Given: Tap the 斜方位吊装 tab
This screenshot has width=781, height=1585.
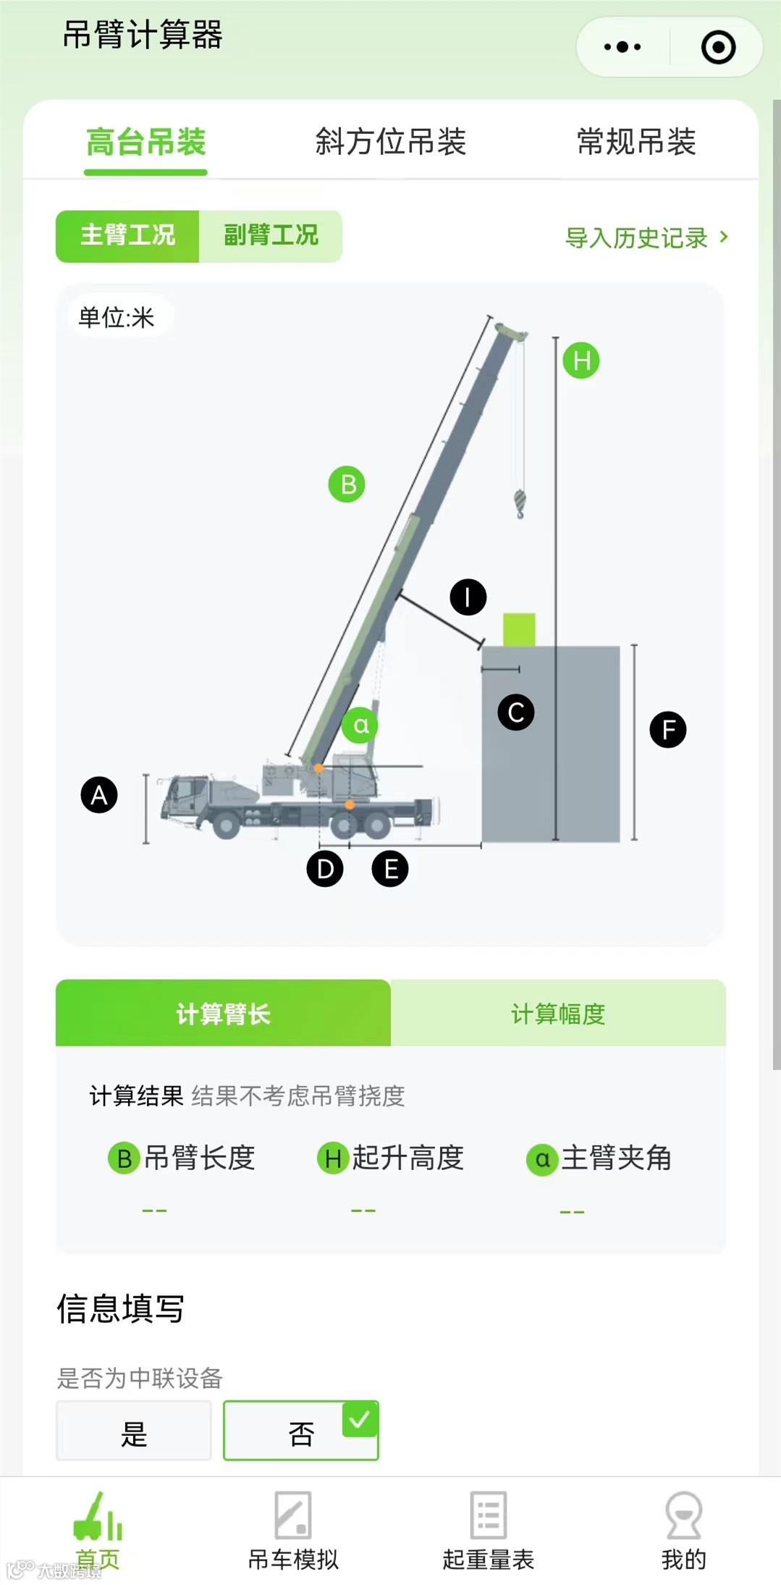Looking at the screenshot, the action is pyautogui.click(x=390, y=142).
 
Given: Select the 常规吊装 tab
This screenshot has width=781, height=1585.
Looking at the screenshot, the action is pyautogui.click(x=636, y=142).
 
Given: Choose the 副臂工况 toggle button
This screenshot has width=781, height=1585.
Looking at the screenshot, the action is pyautogui.click(x=271, y=235).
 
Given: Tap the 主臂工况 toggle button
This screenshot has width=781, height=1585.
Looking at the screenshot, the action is pyautogui.click(x=127, y=235).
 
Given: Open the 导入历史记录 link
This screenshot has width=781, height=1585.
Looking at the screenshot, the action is pyautogui.click(x=646, y=237).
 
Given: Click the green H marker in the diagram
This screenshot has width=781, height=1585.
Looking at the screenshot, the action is pyautogui.click(x=581, y=361).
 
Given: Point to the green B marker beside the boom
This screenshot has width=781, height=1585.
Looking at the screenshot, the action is pyautogui.click(x=347, y=484).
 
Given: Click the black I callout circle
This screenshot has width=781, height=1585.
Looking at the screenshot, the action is pyautogui.click(x=468, y=597).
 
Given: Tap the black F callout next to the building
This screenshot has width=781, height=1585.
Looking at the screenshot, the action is pyautogui.click(x=668, y=730).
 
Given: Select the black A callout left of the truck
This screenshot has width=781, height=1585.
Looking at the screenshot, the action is pyautogui.click(x=99, y=795).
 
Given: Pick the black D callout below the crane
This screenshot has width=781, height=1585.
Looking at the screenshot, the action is pyautogui.click(x=325, y=869).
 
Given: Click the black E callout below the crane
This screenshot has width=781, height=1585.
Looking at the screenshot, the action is pyautogui.click(x=390, y=869).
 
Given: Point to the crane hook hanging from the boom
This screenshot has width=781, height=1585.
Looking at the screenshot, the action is pyautogui.click(x=520, y=503).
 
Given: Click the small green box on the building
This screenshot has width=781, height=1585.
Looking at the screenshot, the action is pyautogui.click(x=519, y=629).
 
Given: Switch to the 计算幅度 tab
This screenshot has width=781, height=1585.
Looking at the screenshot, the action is pyautogui.click(x=558, y=1014).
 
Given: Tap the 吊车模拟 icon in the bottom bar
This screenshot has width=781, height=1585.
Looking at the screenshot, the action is pyautogui.click(x=293, y=1515).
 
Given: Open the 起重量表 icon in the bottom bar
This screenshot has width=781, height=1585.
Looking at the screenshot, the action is pyautogui.click(x=488, y=1515).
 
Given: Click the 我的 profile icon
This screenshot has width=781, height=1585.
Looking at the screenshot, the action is pyautogui.click(x=683, y=1515).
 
